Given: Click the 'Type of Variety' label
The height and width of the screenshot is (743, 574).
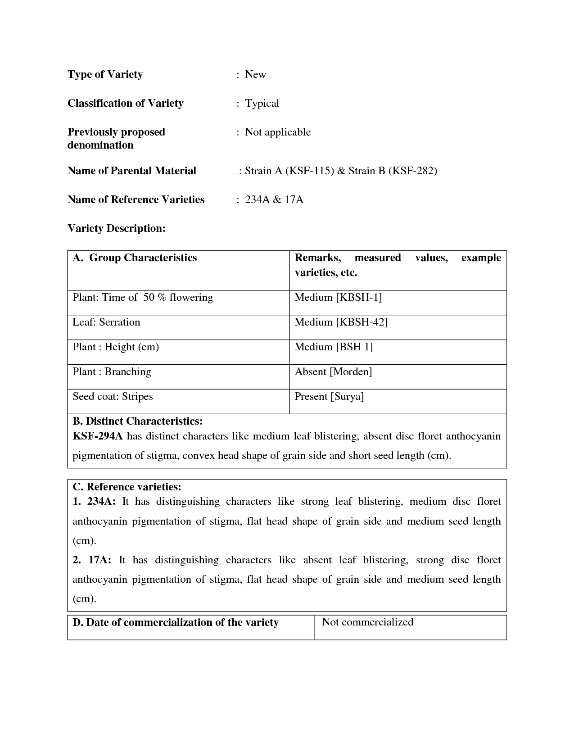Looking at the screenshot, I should (x=105, y=74).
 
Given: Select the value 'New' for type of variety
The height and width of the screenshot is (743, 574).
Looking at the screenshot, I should (x=255, y=74).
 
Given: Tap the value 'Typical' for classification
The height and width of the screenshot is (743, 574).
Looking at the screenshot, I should (x=262, y=103).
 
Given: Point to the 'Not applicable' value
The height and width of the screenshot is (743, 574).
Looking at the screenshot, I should (x=277, y=132).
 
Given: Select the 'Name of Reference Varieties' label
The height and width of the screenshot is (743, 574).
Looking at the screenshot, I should (x=136, y=199).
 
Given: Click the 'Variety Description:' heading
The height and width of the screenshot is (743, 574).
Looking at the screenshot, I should (x=117, y=228).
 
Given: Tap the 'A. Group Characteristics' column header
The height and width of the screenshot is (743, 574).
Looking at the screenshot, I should (x=135, y=258).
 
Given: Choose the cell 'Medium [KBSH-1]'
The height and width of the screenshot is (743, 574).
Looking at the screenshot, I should (x=338, y=297).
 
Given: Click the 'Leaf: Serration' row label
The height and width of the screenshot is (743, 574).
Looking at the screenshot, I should (x=106, y=322).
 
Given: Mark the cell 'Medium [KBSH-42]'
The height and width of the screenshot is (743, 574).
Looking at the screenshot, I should (x=341, y=322).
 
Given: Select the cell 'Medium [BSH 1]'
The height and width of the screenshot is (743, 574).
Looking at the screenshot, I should (x=334, y=347).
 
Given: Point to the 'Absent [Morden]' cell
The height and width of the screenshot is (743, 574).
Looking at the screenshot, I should (x=333, y=371).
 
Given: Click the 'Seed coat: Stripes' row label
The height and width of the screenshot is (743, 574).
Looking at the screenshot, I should (x=113, y=396).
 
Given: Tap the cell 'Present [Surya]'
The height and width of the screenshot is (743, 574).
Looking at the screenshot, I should (x=329, y=396).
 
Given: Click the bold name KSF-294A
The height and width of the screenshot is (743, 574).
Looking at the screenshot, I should (x=98, y=436).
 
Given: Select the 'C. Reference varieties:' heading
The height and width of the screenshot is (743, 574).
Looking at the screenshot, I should (x=127, y=487).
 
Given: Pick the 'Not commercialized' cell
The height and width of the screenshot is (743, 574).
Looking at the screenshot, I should (x=367, y=622).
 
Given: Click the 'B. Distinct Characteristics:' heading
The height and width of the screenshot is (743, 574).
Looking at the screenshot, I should (x=137, y=421).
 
